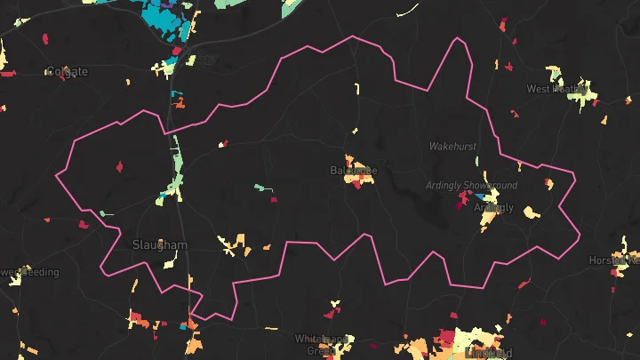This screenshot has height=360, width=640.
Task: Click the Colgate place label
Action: point(68,72)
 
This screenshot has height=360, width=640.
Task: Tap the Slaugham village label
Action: point(160,244)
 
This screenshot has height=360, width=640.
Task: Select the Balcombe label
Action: point(354,170)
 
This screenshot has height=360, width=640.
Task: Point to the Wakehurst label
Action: point(453,145)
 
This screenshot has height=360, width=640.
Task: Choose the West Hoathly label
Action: point(556,89)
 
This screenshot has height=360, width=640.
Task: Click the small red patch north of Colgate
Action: point(44,38)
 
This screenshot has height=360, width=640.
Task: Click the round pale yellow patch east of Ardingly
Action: point(531,213)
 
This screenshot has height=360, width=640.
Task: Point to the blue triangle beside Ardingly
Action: point(481,196)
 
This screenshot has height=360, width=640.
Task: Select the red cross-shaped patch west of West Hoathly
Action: point(514,113)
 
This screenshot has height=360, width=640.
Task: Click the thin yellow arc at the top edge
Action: point(408,10)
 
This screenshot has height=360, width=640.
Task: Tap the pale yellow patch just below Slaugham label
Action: point(172,260)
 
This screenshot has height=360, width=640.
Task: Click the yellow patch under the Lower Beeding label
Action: point(15,280)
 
